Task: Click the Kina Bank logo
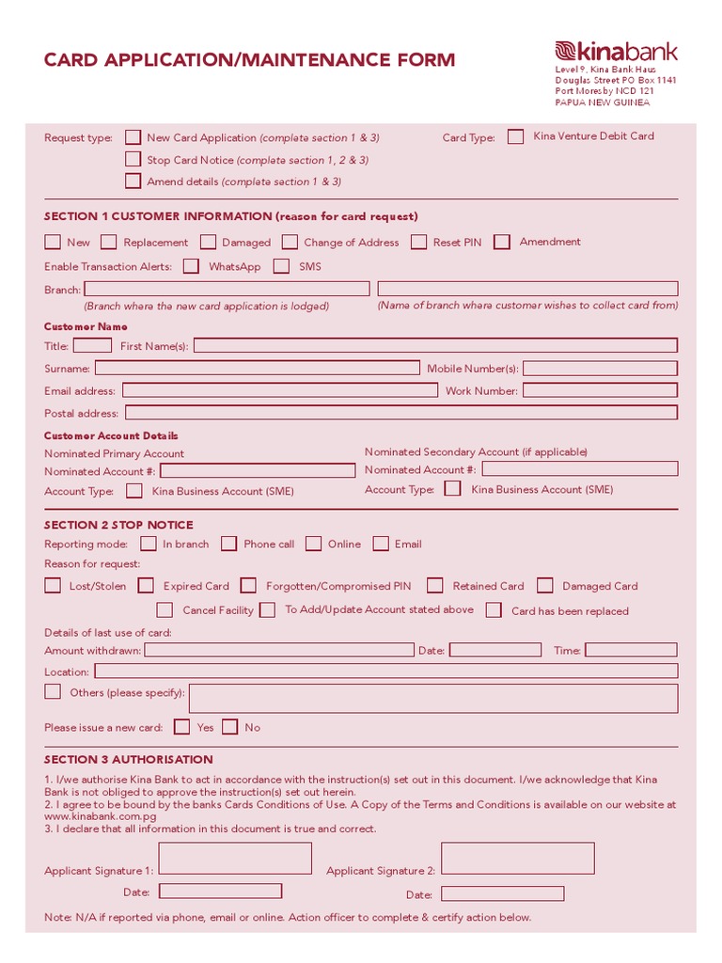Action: click(616, 52)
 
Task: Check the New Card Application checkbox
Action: click(133, 137)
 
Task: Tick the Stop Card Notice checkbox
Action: click(133, 160)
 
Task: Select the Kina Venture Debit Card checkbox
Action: click(515, 136)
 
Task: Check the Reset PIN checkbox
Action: click(418, 242)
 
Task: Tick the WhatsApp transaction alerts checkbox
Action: click(191, 266)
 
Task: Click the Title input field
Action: click(92, 345)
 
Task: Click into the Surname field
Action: click(257, 368)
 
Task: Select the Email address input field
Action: click(279, 390)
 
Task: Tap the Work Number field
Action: click(599, 390)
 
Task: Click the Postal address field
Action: click(400, 413)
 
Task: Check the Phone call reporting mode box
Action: click(228, 544)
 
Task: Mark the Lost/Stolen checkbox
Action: click(53, 586)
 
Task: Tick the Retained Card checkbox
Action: click(434, 586)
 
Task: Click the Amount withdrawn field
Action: click(278, 650)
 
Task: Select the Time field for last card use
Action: click(630, 650)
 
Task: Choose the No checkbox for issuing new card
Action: click(230, 727)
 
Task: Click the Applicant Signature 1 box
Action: click(235, 859)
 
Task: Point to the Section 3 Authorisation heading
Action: click(129, 759)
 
